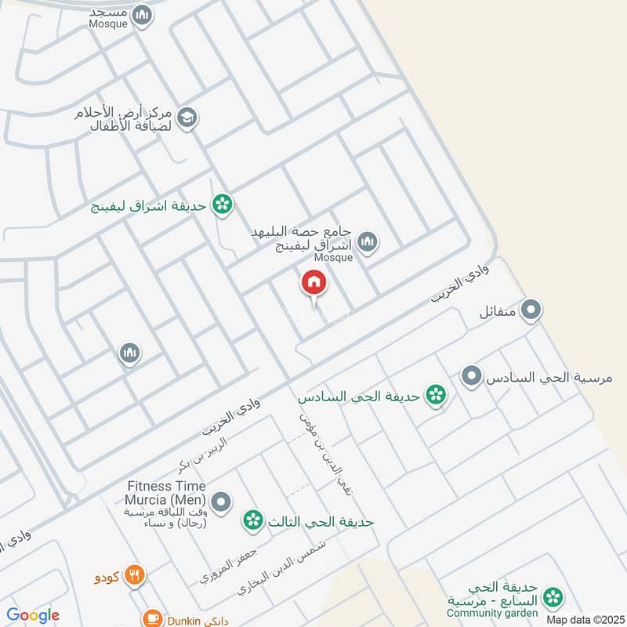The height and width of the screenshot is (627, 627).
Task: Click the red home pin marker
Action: [x=314, y=283]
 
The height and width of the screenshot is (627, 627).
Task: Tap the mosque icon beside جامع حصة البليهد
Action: [x=368, y=241]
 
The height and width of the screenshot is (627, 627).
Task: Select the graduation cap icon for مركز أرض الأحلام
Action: [x=187, y=118]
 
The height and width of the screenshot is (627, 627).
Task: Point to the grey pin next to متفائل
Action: [x=532, y=311]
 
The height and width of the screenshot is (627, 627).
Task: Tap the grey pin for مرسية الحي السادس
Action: [x=471, y=377]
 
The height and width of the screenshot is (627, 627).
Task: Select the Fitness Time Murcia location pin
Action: [x=222, y=500]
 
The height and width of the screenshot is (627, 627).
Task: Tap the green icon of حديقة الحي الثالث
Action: [x=252, y=519]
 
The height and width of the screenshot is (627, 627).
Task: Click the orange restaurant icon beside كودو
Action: [x=136, y=575]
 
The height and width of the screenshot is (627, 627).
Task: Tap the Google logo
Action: [x=33, y=615]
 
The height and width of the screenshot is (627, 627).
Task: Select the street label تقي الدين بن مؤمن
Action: [x=324, y=451]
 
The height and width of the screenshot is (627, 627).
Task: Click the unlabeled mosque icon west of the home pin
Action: [x=130, y=354]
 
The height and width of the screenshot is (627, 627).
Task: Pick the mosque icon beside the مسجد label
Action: [x=142, y=15]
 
